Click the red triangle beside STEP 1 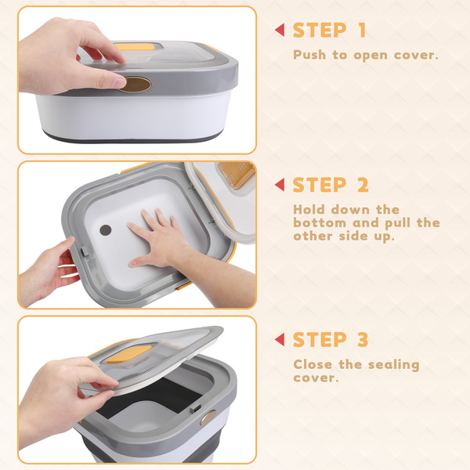(x=280, y=30)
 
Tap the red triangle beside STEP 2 (x=280, y=185)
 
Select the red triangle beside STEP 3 (x=280, y=339)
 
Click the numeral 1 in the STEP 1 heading (x=363, y=30)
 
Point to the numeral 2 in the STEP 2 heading (x=363, y=185)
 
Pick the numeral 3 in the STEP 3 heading (x=363, y=339)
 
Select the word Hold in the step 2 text (x=309, y=209)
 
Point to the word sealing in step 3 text (x=393, y=365)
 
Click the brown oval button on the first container (x=136, y=85)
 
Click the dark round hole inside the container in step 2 (x=106, y=230)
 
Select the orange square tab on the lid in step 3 (x=129, y=354)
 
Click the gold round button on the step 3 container (x=208, y=418)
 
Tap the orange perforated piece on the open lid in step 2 (x=237, y=175)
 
